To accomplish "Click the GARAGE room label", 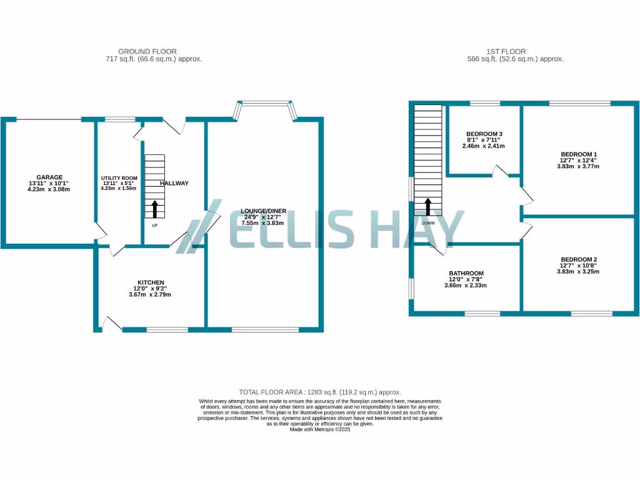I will (49, 177).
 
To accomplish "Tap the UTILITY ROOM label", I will (119, 178).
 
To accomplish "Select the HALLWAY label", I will (174, 183).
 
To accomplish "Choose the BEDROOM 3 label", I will (484, 134).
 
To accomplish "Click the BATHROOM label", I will (466, 273).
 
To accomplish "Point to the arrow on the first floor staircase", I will (428, 207).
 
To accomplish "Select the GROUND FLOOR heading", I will (147, 51).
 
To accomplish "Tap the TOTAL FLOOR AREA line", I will (319, 392).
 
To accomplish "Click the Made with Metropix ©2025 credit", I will (320, 429).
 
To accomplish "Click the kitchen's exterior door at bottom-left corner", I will (111, 322).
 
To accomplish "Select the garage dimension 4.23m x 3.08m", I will (49, 189).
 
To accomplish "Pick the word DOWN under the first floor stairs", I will (428, 223).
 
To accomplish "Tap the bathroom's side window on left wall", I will (411, 289).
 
